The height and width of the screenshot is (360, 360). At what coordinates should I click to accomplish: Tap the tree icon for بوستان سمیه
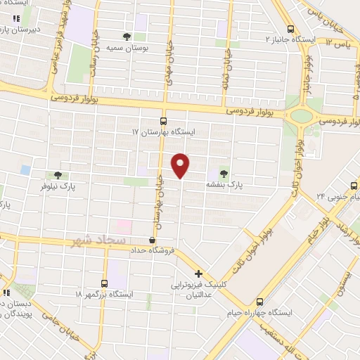pyautogui.click(x=127, y=36)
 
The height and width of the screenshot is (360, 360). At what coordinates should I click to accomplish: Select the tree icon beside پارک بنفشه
pyautogui.click(x=224, y=172)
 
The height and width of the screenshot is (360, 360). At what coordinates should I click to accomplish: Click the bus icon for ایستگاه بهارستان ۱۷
pyautogui.click(x=163, y=120)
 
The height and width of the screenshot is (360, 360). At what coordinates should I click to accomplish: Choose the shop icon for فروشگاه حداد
pyautogui.click(x=152, y=240)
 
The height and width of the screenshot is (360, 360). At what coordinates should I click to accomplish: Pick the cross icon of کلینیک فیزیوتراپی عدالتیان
pyautogui.click(x=199, y=274)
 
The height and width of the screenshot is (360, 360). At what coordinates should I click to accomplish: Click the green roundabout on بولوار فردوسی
pyautogui.click(x=301, y=115)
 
